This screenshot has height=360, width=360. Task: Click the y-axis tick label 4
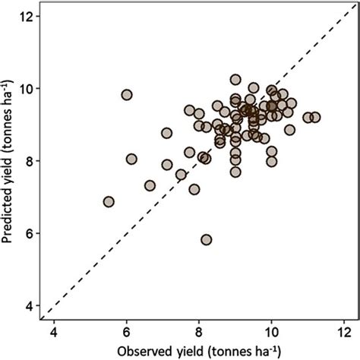pyautogui.click(x=28, y=305)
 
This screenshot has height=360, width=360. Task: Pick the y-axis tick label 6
pyautogui.click(x=28, y=233)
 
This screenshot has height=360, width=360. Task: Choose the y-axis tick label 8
pyautogui.click(x=28, y=161)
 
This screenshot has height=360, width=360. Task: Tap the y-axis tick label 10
pyautogui.click(x=25, y=89)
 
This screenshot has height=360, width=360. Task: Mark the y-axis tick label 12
pyautogui.click(x=25, y=17)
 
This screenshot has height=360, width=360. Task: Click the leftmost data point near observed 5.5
pyautogui.click(x=109, y=202)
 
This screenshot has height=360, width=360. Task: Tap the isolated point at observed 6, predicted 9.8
pyautogui.click(x=127, y=95)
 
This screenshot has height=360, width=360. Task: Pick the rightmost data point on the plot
pyautogui.click(x=315, y=117)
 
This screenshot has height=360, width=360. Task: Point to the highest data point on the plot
pyautogui.click(x=235, y=80)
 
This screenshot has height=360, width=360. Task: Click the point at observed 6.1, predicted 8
pyautogui.click(x=131, y=159)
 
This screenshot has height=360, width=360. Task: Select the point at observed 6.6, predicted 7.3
pyautogui.click(x=150, y=185)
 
